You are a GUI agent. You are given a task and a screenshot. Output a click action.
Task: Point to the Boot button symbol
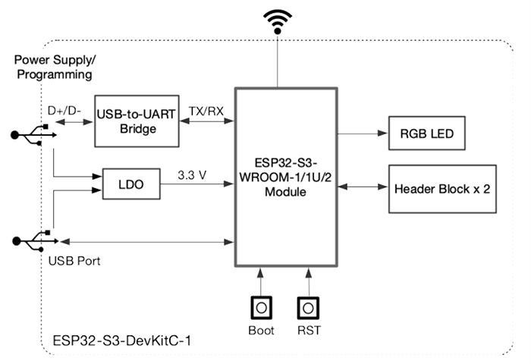[x=260, y=307]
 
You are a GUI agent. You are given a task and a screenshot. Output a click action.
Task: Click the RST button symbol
[x=307, y=307]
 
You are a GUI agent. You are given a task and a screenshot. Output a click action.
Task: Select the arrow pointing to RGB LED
[x=363, y=133]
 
